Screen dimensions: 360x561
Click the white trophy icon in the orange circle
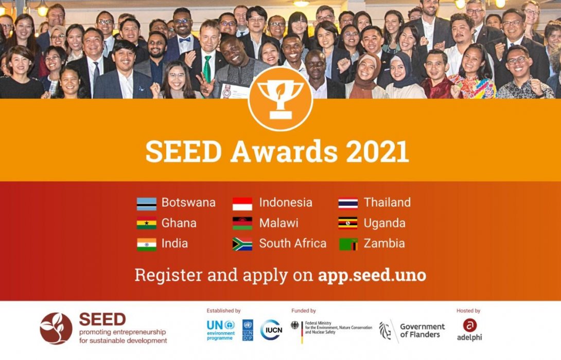(280, 98)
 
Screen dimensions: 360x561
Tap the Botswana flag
(147, 204)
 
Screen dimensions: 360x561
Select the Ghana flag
(147, 224)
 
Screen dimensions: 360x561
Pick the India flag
(147, 244)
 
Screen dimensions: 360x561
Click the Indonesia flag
(242, 204)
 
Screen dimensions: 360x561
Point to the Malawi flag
(242, 224)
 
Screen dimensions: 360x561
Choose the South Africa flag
(242, 244)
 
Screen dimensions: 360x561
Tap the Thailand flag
(348, 204)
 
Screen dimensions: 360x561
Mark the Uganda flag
(348, 224)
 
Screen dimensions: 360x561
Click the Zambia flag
(348, 244)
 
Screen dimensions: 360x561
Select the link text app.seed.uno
(372, 275)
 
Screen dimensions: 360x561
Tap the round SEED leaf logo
(56, 328)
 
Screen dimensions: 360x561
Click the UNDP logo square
(248, 330)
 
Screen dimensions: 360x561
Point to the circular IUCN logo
(271, 330)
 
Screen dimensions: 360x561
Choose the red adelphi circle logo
(469, 325)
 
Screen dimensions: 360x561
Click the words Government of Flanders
(422, 331)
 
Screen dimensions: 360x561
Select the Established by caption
(223, 311)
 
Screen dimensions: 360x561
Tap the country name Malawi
(278, 223)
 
